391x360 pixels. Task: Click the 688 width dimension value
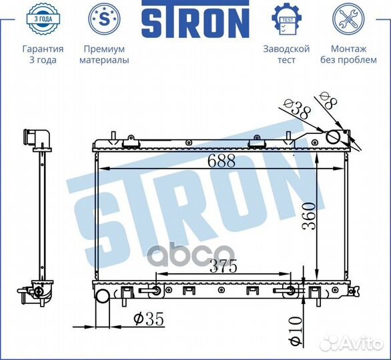click(222, 161)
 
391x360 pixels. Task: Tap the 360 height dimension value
click(308, 216)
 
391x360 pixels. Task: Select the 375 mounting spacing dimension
click(223, 266)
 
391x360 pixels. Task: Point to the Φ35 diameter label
click(149, 319)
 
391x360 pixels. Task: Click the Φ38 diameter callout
click(298, 109)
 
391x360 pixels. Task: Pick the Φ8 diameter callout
click(329, 100)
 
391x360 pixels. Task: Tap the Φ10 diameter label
click(296, 331)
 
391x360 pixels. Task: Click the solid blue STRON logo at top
click(195, 19)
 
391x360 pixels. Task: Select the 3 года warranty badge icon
click(43, 19)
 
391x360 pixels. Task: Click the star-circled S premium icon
click(104, 19)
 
